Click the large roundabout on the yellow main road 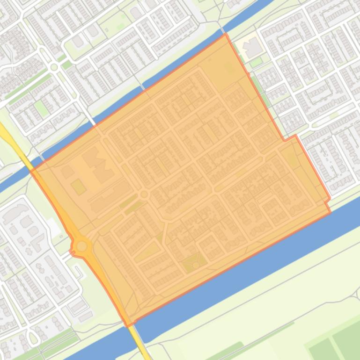pyautogui.click(x=82, y=246)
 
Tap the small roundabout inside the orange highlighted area pyautogui.click(x=144, y=194)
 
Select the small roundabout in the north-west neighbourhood pyautogui.click(x=54, y=67)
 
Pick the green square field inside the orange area pyautogui.click(x=79, y=187)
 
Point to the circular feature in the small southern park pyautogui.click(x=195, y=265)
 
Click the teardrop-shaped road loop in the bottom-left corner pyautogui.click(x=33, y=337)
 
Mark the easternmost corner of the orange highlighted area pyautogui.click(x=331, y=211)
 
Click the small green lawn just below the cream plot pyautogui.click(x=256, y=62)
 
